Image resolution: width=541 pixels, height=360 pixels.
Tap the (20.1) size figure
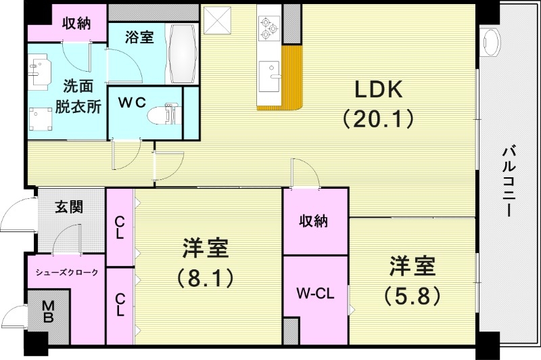(377, 120)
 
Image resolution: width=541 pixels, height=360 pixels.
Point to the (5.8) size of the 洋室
(412, 295)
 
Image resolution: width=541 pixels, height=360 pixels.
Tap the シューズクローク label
(67, 273)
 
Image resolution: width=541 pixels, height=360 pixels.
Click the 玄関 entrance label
(69, 207)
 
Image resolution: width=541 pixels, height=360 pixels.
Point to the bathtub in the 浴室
(181, 55)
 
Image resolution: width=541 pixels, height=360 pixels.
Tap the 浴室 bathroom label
(139, 37)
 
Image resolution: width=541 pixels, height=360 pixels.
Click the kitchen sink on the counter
(270, 73)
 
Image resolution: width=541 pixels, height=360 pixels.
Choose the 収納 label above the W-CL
(314, 221)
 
